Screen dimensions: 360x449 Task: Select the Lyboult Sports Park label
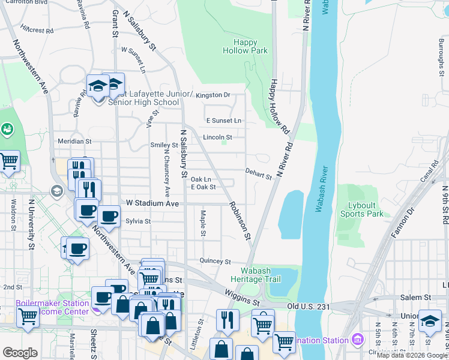(361, 209)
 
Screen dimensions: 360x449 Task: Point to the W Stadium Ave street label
(152, 203)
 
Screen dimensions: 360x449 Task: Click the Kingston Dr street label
(213, 95)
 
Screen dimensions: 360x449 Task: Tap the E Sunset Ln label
(223, 121)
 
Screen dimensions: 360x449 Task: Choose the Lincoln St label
(217, 137)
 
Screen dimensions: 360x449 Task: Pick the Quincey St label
(215, 262)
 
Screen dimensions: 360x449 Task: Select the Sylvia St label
(137, 221)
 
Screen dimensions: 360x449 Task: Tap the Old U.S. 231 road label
(309, 307)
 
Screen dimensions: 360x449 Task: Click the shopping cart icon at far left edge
(8, 161)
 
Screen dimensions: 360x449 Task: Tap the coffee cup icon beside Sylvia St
(108, 216)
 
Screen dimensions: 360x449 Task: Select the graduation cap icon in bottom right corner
(430, 321)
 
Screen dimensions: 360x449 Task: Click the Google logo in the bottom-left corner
(20, 353)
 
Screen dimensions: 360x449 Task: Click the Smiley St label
(164, 145)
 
